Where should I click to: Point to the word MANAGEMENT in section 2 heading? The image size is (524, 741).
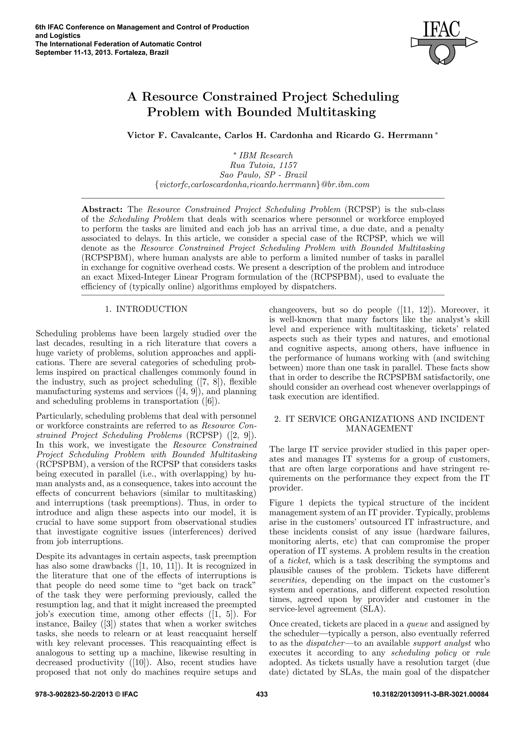coord(379,428)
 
